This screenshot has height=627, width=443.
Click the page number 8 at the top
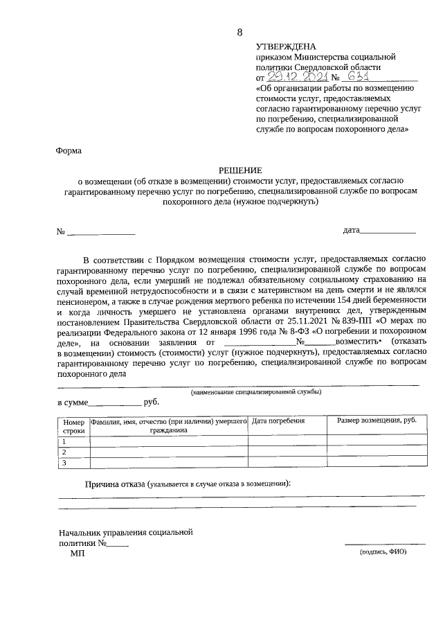(x=239, y=32)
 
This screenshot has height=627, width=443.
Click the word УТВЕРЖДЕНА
(x=285, y=44)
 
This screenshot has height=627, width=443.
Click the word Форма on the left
(x=69, y=150)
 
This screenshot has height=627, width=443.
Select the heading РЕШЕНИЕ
(x=240, y=169)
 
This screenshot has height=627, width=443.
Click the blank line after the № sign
(x=101, y=232)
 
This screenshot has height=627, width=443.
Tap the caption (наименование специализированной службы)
(x=256, y=392)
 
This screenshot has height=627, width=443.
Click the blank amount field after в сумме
(x=114, y=403)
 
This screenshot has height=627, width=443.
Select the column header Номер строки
(x=73, y=425)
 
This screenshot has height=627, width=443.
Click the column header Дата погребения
(x=278, y=421)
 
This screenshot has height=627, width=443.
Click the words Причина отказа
(x=114, y=484)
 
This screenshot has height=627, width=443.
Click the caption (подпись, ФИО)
(x=382, y=552)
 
